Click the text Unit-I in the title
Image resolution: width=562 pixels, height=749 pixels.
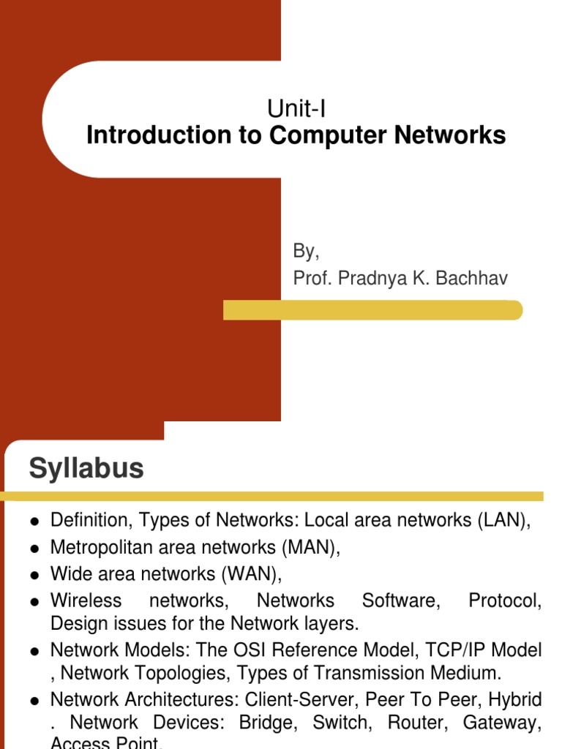tap(296, 109)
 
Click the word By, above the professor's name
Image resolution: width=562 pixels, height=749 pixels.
tap(306, 252)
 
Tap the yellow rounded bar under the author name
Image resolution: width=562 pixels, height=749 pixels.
tap(372, 310)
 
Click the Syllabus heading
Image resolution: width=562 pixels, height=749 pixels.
tap(86, 468)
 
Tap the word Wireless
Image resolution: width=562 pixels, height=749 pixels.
tap(86, 601)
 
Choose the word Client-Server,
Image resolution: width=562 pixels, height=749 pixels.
tap(299, 700)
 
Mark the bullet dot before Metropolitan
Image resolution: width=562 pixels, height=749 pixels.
tap(34, 548)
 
